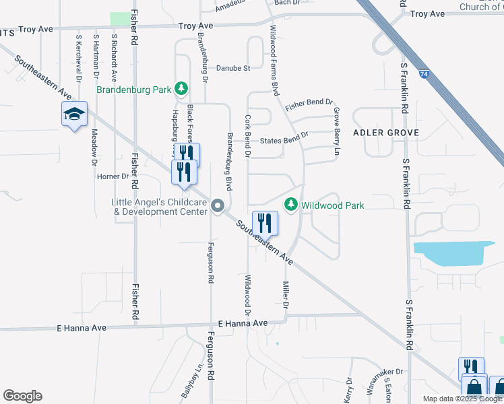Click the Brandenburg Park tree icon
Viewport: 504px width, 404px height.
click(181, 88)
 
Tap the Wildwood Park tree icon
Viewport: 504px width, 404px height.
click(291, 204)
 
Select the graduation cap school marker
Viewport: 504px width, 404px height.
click(74, 114)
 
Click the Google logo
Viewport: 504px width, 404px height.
click(22, 396)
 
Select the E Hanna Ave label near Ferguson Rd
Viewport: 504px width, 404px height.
click(239, 324)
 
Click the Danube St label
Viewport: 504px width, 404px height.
click(233, 68)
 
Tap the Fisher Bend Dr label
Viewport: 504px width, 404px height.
click(309, 106)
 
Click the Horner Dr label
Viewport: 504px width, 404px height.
click(113, 176)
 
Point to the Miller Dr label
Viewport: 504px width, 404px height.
click(286, 296)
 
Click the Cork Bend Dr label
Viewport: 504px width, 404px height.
click(248, 136)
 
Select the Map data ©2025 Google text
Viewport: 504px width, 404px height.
click(463, 399)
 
